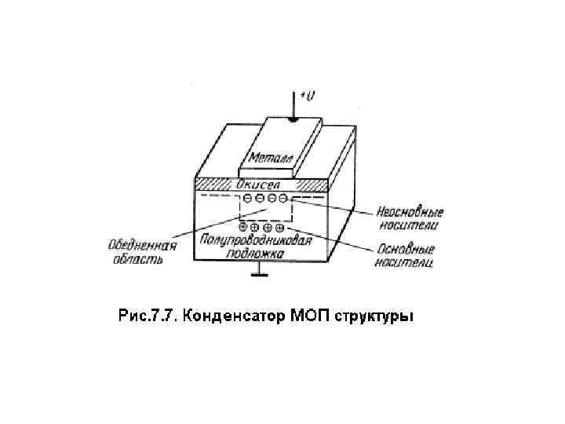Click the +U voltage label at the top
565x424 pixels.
tap(308, 96)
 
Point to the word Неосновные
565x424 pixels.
tap(410, 212)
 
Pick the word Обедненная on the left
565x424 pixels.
tap(142, 245)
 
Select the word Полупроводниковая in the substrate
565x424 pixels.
tap(255, 240)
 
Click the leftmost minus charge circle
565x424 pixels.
tap(247, 200)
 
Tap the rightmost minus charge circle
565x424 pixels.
tap(283, 200)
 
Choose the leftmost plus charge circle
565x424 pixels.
tap(242, 228)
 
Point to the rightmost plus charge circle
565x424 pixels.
tap(279, 228)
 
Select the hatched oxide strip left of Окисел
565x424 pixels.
tap(214, 185)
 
